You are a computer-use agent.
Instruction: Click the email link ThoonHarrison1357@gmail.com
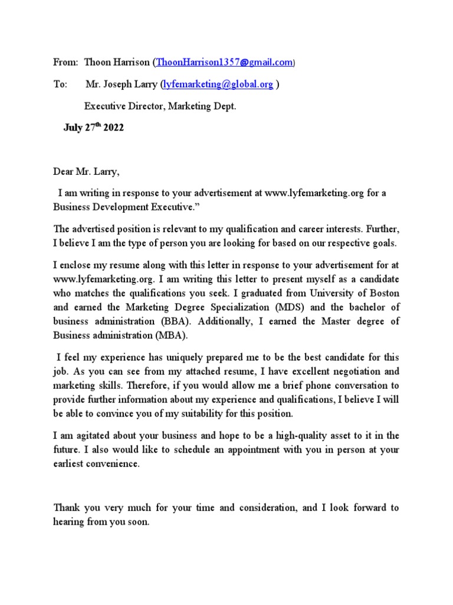(x=224, y=62)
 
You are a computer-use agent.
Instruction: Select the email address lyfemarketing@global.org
(x=218, y=84)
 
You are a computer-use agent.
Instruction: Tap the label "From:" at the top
(x=65, y=62)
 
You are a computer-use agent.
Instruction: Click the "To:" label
(x=61, y=84)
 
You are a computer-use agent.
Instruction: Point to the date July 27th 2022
(x=93, y=128)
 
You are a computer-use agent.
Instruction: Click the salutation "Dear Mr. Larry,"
(x=86, y=173)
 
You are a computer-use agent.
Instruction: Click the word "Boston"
(x=382, y=292)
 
